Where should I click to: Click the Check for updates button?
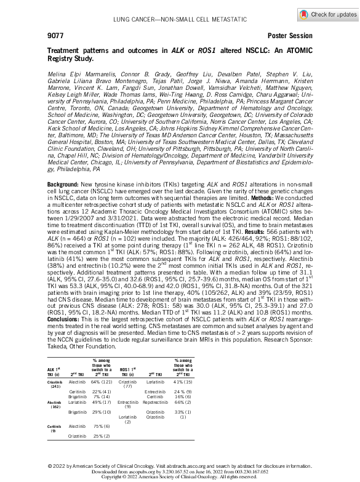[327, 14]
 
